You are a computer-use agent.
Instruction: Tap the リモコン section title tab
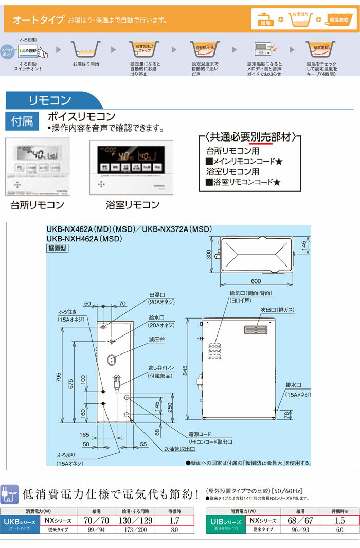click(x=50, y=100)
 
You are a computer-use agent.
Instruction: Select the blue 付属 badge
click(x=22, y=121)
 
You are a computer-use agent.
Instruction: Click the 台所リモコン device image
click(x=37, y=167)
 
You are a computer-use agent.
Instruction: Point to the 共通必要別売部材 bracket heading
click(x=250, y=137)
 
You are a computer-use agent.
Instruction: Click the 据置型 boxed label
click(x=57, y=248)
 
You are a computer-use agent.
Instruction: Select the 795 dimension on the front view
click(x=59, y=377)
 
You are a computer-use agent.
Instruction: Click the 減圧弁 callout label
click(x=156, y=339)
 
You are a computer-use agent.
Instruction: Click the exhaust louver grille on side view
click(x=256, y=330)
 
